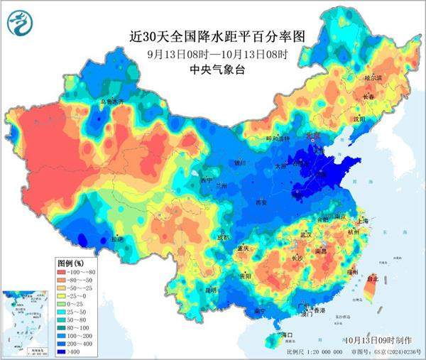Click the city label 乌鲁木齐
[111, 102]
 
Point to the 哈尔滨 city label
[373, 77]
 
